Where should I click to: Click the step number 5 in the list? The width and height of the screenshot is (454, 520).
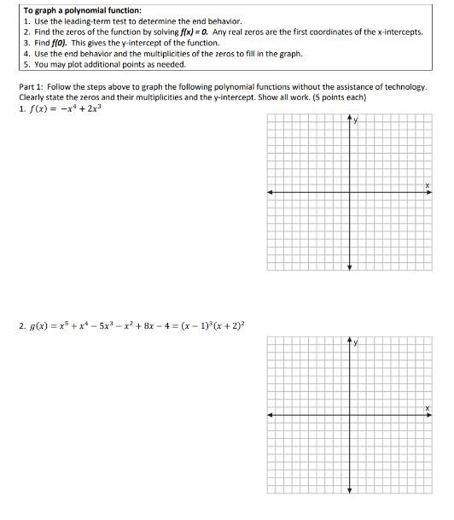click(26, 63)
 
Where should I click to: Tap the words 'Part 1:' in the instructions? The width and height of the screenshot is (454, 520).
click(32, 86)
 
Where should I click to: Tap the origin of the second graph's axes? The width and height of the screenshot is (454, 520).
click(349, 416)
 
